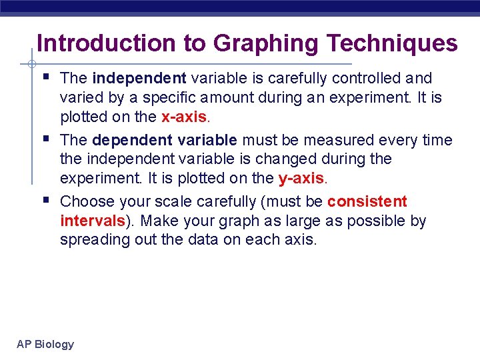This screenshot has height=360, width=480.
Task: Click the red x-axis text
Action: pos(185,117)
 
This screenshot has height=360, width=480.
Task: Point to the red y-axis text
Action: pos(301,179)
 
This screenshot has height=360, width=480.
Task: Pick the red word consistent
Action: pos(367,202)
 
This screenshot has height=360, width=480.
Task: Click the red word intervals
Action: pos(92,221)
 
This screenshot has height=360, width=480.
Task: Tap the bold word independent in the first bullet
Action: pos(139,79)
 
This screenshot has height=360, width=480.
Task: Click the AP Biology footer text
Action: pos(45,344)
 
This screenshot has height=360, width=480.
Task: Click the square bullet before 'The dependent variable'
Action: pos(45,138)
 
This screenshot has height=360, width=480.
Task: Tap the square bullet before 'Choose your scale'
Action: pos(45,199)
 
